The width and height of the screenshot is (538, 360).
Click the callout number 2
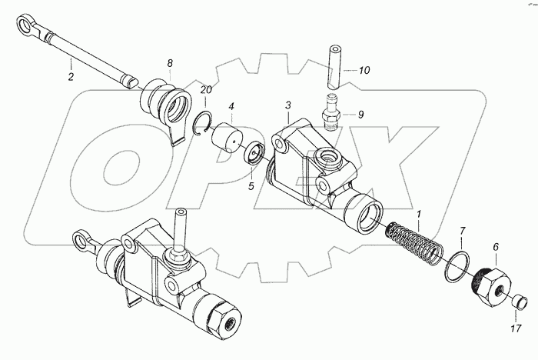coord(71,76)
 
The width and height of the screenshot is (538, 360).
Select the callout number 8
coord(170,63)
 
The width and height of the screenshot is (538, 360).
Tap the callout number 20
coord(206,90)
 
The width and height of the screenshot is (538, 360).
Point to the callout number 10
coord(364,71)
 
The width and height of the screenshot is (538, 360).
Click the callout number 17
coord(516,328)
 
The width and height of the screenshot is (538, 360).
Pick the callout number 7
coord(462,231)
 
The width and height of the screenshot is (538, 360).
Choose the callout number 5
coord(251,186)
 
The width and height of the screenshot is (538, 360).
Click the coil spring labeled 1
coord(413,244)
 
